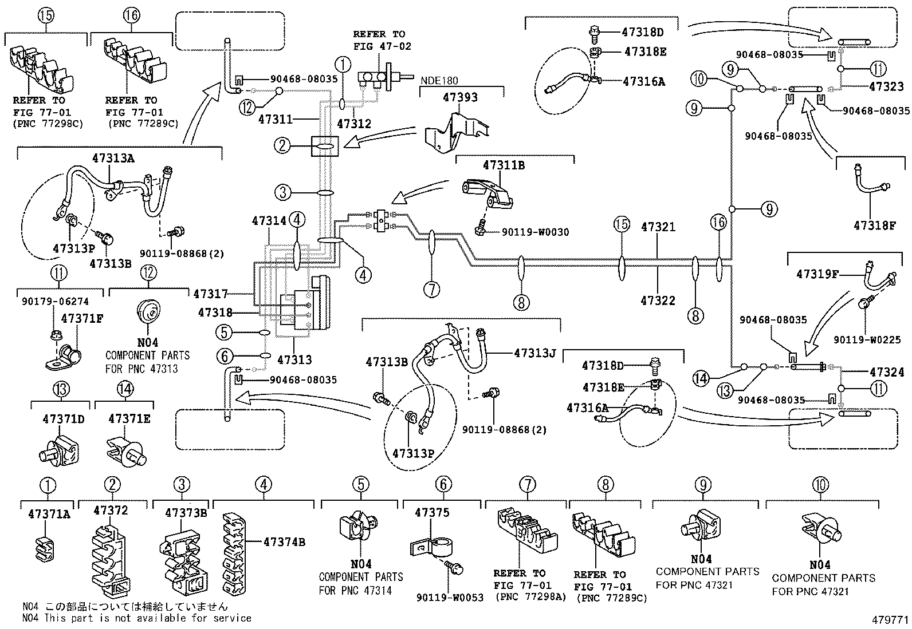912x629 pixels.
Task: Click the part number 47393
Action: pyautogui.click(x=459, y=97)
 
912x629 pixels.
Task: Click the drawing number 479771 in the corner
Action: pyautogui.click(x=890, y=619)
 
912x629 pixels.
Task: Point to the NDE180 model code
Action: pyautogui.click(x=440, y=81)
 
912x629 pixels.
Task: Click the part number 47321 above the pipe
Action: pyautogui.click(x=658, y=227)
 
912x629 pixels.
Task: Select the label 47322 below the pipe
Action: pyautogui.click(x=658, y=300)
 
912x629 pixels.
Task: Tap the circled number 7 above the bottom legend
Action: pyautogui.click(x=527, y=485)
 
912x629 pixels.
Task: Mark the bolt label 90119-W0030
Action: pyautogui.click(x=535, y=232)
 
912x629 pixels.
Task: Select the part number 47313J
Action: pyautogui.click(x=534, y=353)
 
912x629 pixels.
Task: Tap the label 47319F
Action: pyautogui.click(x=817, y=274)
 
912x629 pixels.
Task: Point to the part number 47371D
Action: pyautogui.click(x=63, y=419)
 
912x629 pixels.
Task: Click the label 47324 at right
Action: pyautogui.click(x=886, y=373)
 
